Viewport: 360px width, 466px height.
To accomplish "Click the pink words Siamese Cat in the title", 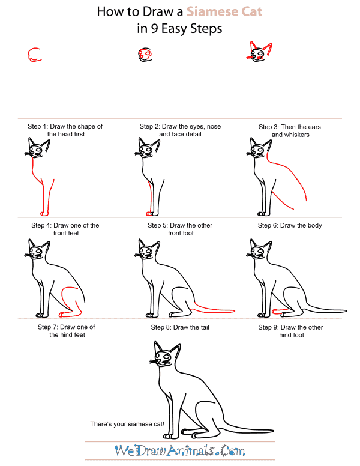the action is (224, 11).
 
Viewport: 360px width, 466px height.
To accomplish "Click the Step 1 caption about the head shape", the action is (65, 130).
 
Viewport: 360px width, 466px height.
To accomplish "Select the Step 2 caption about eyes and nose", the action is (180, 130).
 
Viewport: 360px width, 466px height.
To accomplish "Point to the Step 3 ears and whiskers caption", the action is (290, 131).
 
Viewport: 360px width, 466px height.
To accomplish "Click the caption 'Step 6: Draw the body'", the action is (290, 225).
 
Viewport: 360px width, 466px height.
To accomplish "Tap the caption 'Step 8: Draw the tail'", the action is (180, 327).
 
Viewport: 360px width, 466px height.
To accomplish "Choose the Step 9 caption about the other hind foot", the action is (290, 331).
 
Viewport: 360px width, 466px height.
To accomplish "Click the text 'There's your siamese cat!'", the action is (127, 424).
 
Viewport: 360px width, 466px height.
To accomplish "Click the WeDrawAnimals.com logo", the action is (180, 450).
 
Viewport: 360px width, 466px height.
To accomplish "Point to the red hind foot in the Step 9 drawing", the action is (281, 311).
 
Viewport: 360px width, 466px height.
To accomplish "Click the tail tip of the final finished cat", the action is (272, 430).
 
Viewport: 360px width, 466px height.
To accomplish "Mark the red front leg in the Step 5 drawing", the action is (150, 198).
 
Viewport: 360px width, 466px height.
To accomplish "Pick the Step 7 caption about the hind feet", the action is (67, 331).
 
